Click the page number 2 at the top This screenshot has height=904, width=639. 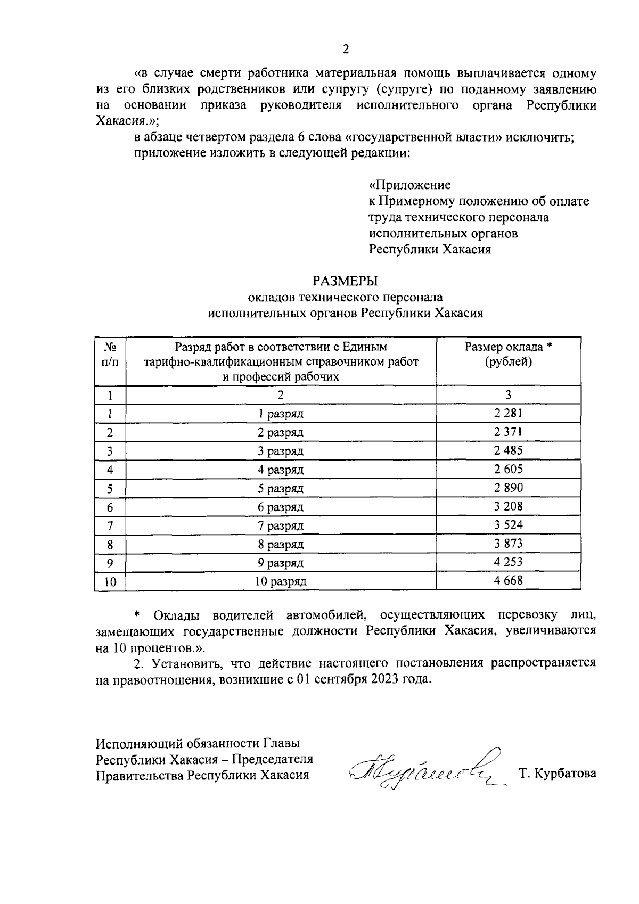click(x=345, y=50)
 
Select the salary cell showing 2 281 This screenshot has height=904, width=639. click(x=508, y=413)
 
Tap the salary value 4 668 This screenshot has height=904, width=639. click(x=508, y=580)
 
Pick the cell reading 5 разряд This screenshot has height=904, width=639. click(x=281, y=488)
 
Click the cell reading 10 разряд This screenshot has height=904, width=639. click(x=281, y=581)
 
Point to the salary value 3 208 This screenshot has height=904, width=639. click(x=508, y=506)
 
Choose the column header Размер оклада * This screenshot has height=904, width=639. click(x=508, y=347)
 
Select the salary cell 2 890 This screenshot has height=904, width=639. click(x=508, y=488)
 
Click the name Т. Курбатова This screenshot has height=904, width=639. click(x=557, y=774)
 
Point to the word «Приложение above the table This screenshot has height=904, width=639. click(x=409, y=185)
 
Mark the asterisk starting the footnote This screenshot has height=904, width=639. click(x=137, y=616)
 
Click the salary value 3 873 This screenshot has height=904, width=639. click(x=508, y=544)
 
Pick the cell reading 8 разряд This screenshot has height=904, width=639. click(x=281, y=544)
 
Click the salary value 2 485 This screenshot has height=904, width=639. click(x=508, y=450)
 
